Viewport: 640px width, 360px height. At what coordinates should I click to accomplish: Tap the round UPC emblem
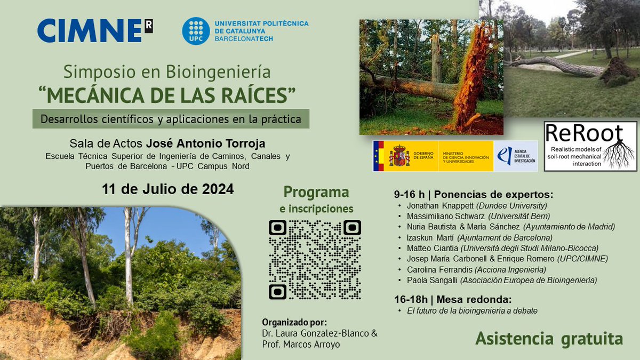[195, 30]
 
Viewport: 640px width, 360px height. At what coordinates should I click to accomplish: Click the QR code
[315, 260]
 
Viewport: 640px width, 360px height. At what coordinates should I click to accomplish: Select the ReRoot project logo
[590, 146]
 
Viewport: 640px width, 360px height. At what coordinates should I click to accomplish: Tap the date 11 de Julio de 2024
[168, 189]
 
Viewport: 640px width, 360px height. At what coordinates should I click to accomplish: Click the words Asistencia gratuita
[549, 339]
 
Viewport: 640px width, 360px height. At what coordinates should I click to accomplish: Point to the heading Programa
[316, 192]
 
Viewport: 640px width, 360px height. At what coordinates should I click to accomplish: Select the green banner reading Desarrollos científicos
[171, 119]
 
